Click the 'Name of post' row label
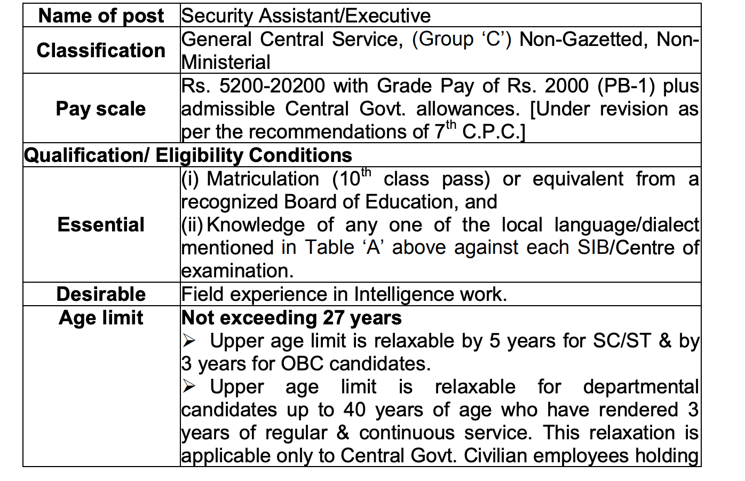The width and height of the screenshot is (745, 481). [x=101, y=16]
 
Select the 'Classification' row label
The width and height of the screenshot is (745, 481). [x=101, y=50]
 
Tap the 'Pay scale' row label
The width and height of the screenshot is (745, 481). [x=101, y=109]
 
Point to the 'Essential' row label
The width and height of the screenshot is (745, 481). [x=101, y=224]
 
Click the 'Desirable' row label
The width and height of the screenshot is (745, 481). [x=101, y=294]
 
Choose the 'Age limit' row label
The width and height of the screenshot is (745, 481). [x=101, y=318]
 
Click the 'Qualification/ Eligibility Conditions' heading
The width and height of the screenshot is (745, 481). [x=188, y=155]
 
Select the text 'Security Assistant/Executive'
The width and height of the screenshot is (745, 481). [x=306, y=16]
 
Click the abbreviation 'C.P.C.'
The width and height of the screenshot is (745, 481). [x=490, y=132]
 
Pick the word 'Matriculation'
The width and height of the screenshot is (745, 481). [x=263, y=179]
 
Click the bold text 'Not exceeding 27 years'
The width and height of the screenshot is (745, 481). [x=291, y=318]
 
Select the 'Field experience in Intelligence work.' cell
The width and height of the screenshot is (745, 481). [x=344, y=294]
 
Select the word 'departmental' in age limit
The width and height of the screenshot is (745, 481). [x=640, y=387]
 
